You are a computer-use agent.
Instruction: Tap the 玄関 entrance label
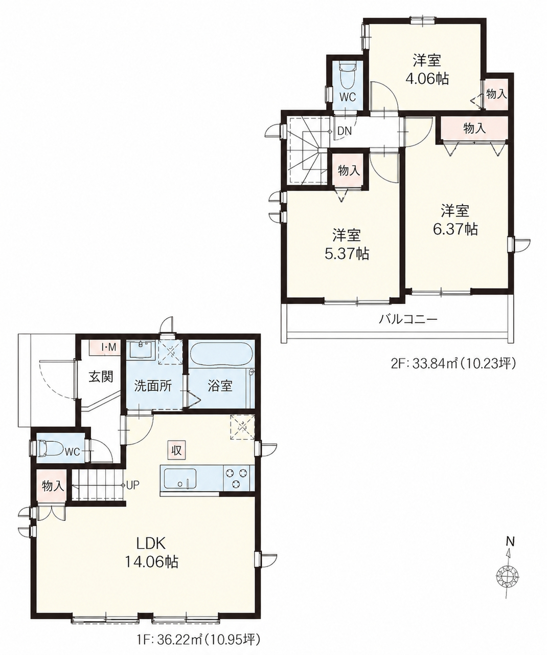[101, 377]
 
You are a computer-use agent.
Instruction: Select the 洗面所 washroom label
[153, 386]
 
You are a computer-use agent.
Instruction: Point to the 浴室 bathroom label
[220, 386]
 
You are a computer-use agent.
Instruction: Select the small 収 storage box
[176, 450]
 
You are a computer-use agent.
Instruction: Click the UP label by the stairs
[132, 486]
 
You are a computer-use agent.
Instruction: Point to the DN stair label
[345, 131]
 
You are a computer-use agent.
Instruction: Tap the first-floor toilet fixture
[50, 452]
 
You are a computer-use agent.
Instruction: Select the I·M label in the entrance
[109, 347]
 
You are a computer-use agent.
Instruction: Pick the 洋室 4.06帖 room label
[427, 70]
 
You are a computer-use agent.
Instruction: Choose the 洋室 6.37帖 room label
[455, 220]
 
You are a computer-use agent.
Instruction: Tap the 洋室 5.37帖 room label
[347, 245]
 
